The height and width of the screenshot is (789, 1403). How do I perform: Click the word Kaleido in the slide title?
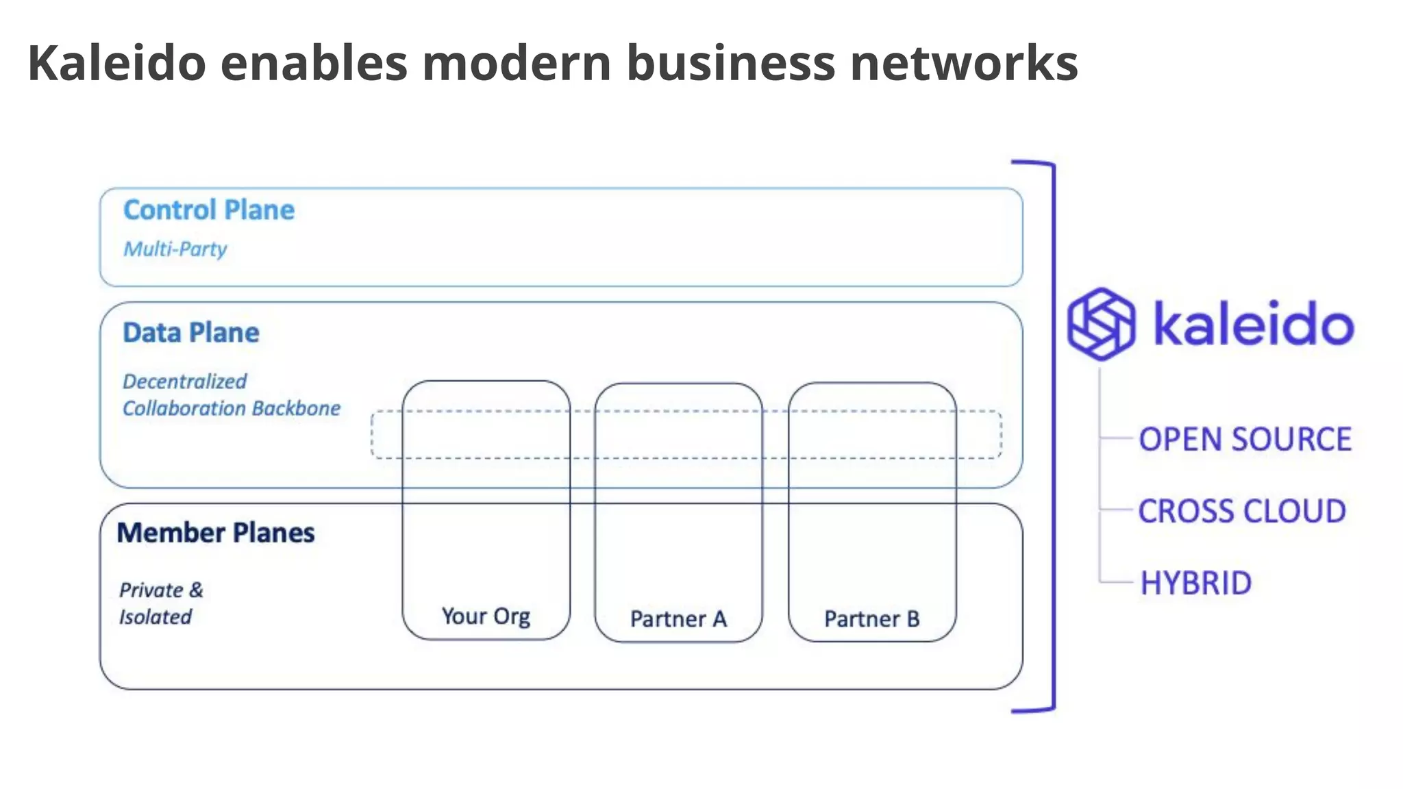116,63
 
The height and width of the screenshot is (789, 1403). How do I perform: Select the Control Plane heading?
209,210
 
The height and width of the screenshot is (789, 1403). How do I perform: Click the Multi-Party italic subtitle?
175,249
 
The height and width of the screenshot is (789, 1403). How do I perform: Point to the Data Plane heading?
191,333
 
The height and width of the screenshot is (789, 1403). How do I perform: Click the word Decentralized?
185,381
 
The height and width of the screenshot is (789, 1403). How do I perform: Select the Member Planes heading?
216,533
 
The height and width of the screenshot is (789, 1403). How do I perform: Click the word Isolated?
156,617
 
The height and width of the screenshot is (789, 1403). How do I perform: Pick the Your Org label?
486,616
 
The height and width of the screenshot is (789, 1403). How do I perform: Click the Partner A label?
678,619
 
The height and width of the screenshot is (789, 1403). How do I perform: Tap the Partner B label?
871,619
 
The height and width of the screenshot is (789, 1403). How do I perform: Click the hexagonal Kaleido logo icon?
1101,324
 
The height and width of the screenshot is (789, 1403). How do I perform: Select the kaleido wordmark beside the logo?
1254,324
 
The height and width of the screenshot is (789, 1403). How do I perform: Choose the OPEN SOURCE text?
1245,440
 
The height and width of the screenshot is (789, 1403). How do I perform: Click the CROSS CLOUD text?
1242,512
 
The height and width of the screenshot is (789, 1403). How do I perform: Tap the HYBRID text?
1195,584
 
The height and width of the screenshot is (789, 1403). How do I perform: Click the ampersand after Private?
197,590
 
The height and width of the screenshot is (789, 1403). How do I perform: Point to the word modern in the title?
517,63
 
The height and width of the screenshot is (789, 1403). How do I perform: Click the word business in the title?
730,63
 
